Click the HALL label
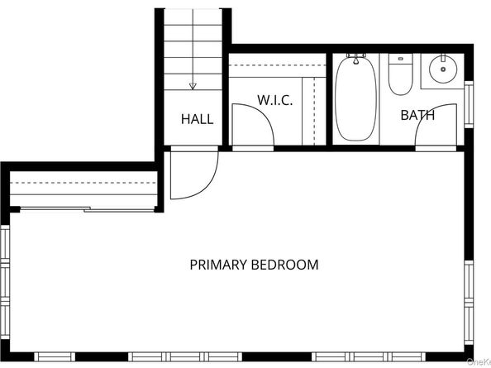(197, 119)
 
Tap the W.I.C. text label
(275, 100)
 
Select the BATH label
(417, 115)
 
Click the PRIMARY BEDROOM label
(254, 265)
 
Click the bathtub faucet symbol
(356, 60)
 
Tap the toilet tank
(400, 59)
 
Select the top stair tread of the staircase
(193, 15)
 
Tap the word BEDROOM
(285, 265)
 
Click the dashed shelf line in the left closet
(83, 182)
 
